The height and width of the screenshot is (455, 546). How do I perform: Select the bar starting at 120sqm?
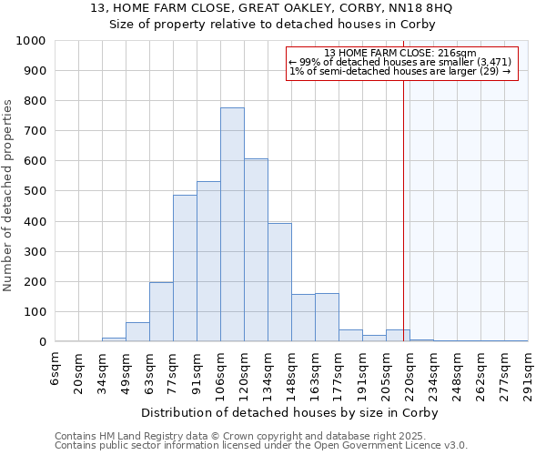click(x=256, y=250)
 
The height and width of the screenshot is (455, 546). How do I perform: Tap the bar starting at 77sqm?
click(x=185, y=268)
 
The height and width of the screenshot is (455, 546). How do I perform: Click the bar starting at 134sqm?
click(x=279, y=283)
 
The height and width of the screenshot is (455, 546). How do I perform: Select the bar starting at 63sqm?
click(x=161, y=312)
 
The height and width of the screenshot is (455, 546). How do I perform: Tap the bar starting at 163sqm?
click(x=327, y=318)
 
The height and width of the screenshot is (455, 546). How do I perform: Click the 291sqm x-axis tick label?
click(x=529, y=371)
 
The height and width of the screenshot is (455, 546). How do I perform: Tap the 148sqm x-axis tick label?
click(x=292, y=371)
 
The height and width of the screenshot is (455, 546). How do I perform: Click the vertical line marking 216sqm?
click(x=403, y=227)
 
